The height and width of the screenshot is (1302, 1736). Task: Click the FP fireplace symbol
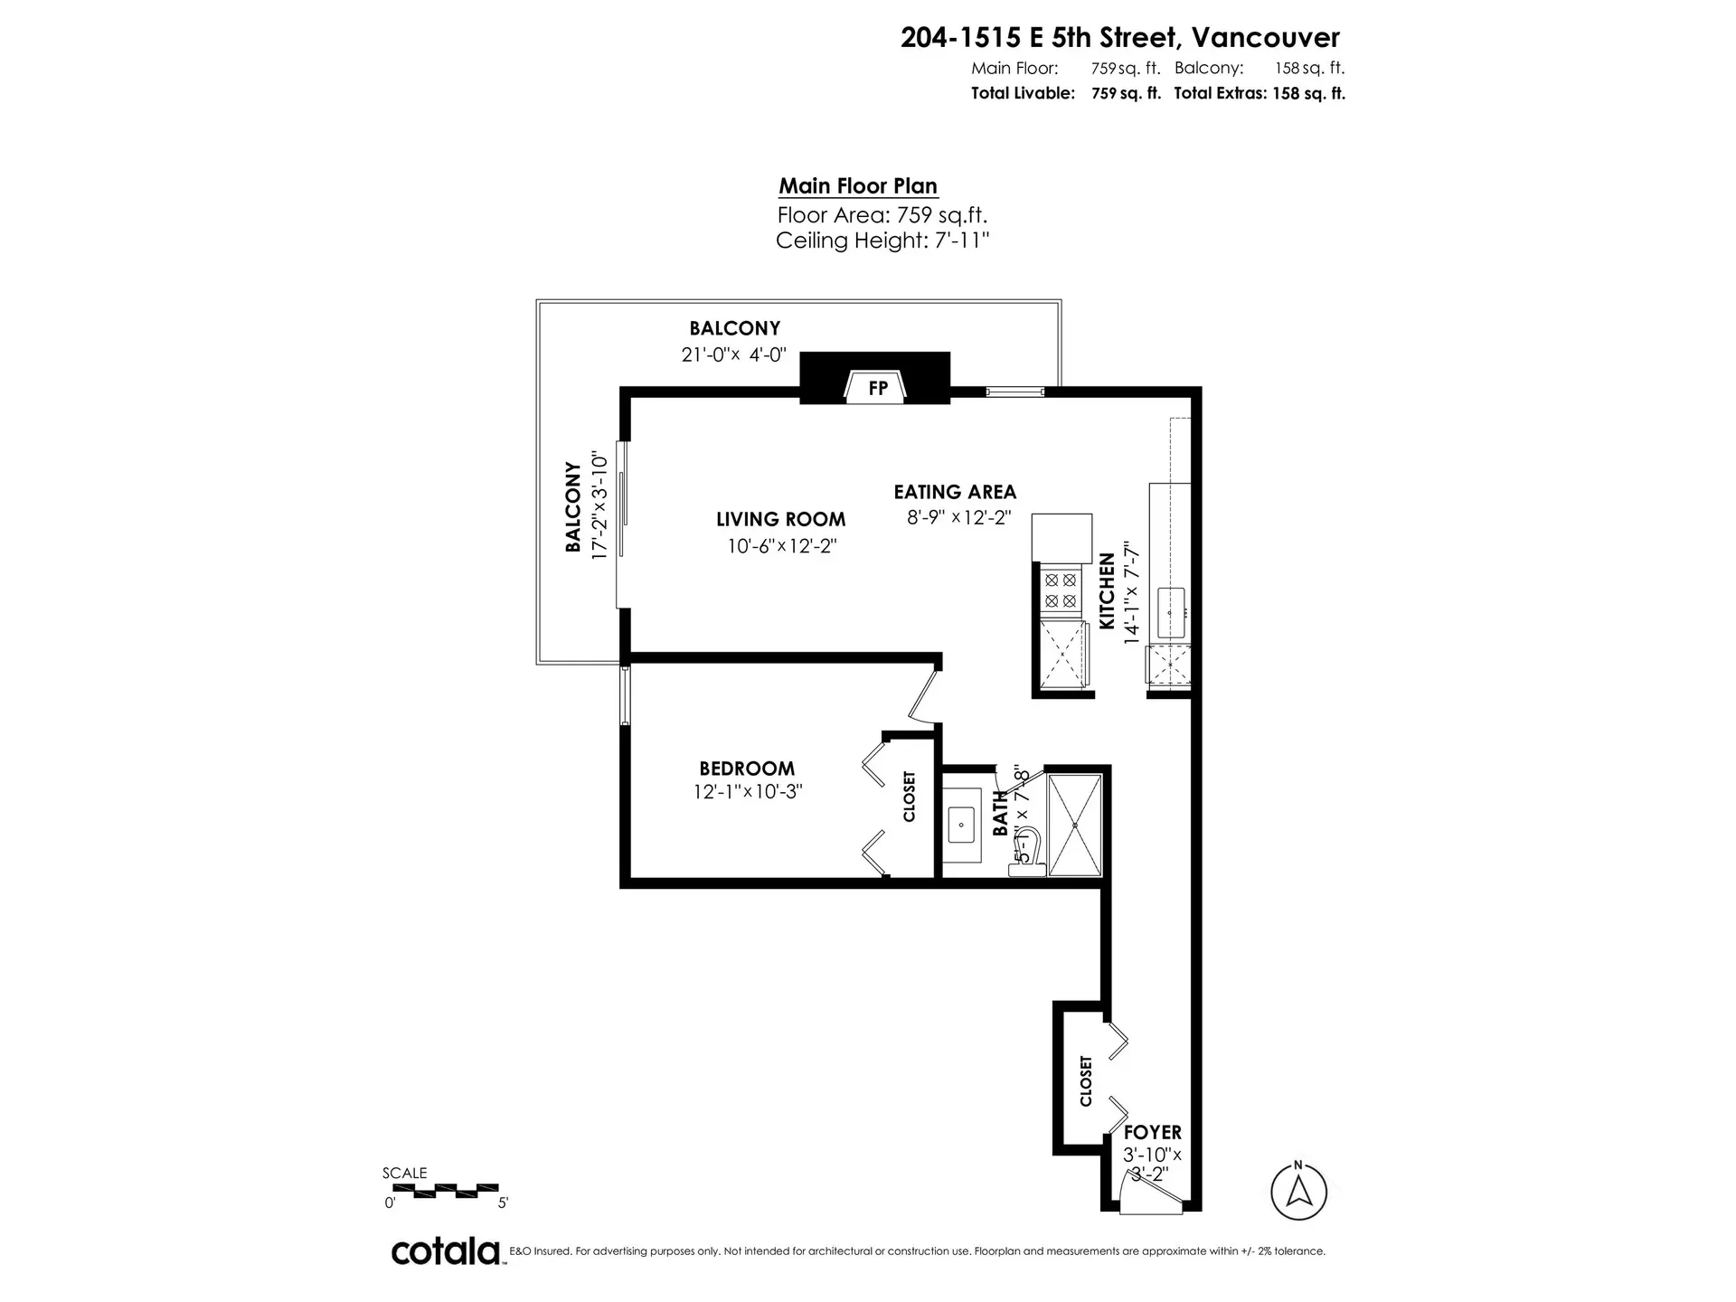(876, 387)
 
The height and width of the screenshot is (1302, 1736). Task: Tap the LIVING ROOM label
(781, 519)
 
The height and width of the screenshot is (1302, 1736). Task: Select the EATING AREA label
(955, 492)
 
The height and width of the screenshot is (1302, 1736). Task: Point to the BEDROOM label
(747, 769)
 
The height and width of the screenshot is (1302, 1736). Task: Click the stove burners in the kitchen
(1061, 590)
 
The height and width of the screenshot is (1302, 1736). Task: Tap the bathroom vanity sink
(960, 825)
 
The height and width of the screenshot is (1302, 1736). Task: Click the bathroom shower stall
(1075, 824)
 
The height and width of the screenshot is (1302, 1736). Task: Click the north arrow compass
(1298, 1191)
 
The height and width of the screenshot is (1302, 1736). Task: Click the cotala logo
(446, 1251)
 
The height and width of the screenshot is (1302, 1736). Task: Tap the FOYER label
(1152, 1132)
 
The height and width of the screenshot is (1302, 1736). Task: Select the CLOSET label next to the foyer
(1086, 1081)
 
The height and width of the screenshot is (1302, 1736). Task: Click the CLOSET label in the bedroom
(910, 797)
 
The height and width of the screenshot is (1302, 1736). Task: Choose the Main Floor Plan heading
(858, 185)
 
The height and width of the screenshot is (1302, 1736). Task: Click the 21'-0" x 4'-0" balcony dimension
(734, 355)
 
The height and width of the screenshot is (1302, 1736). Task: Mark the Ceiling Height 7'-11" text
(882, 241)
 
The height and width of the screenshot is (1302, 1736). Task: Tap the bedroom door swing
(924, 696)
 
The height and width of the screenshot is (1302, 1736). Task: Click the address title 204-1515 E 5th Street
(1119, 37)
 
